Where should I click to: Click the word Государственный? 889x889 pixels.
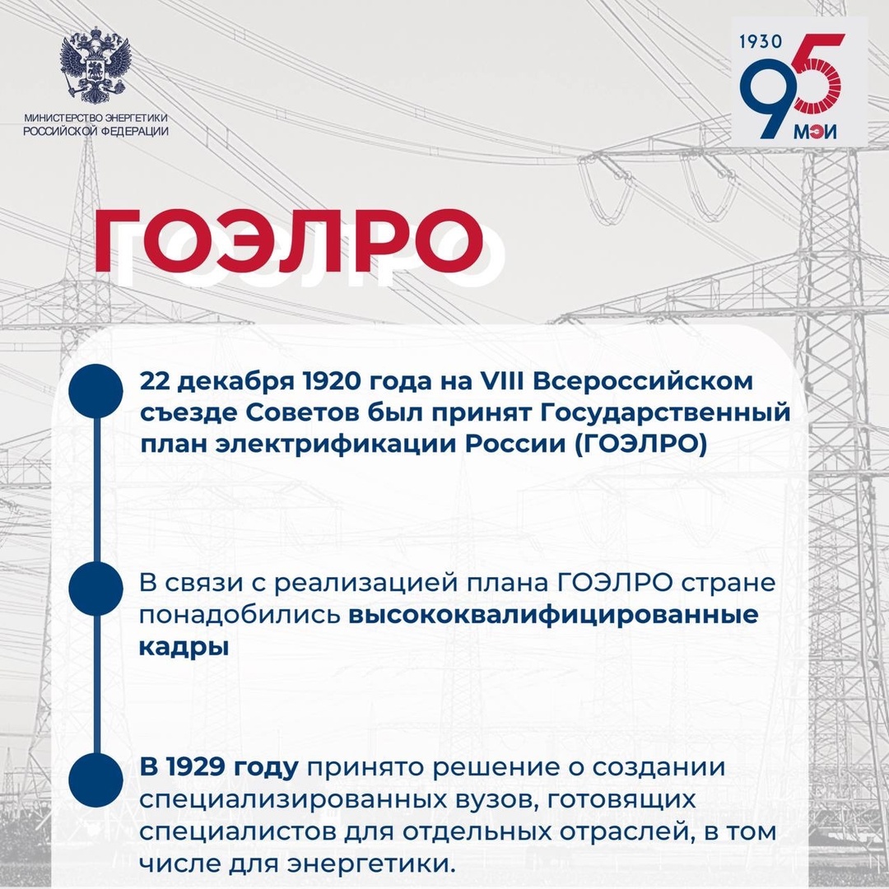coord(684,412)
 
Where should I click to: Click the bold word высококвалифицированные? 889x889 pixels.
coord(552,615)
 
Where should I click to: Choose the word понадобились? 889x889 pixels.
coord(239,615)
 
